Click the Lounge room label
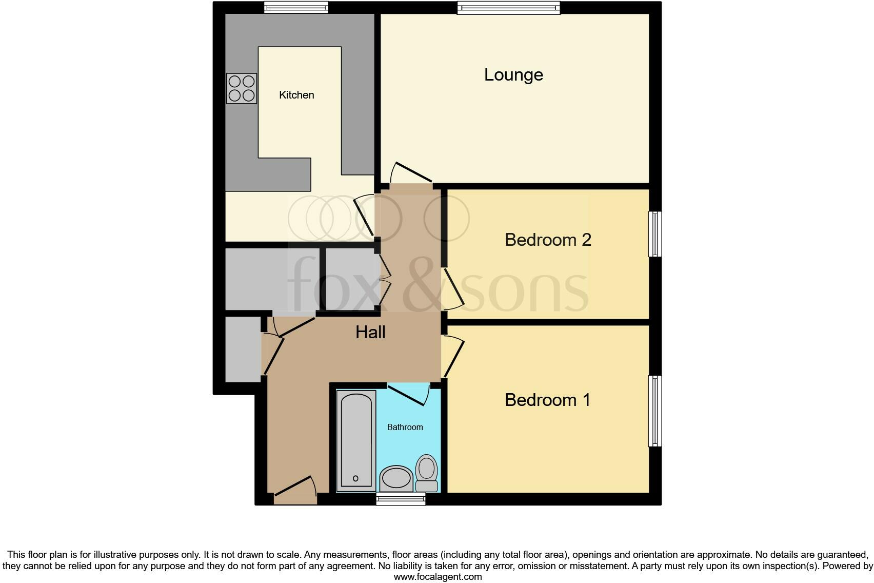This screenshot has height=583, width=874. click(513, 75)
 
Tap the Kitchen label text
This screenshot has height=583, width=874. click(296, 95)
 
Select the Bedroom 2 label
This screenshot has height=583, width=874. click(548, 240)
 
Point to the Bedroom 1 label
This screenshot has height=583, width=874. click(547, 400)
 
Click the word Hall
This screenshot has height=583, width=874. click(370, 333)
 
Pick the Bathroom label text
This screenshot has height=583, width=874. click(405, 427)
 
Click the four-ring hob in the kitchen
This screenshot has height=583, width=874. click(242, 88)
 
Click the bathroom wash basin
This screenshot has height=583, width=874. click(396, 478)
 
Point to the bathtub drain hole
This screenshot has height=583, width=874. click(356, 478)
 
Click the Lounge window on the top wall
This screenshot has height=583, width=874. click(509, 8)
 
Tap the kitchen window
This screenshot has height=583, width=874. click(296, 7)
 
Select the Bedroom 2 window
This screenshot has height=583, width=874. click(655, 234)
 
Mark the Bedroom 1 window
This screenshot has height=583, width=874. click(655, 411)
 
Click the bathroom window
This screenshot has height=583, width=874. click(401, 499)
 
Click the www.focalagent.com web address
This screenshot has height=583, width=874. click(438, 576)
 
